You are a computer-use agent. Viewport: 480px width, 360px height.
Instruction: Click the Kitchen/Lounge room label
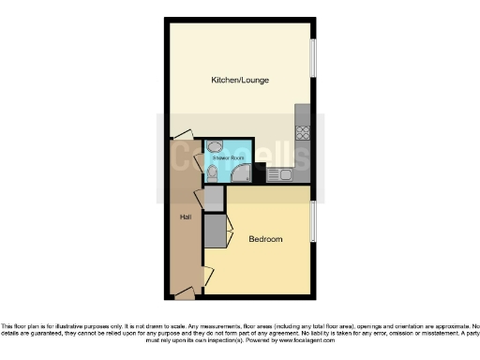[x=240, y=81]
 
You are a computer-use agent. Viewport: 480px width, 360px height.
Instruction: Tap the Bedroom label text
[x=265, y=240]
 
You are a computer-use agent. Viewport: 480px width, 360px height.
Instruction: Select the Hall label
[x=186, y=217]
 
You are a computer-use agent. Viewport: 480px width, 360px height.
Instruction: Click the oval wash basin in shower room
[x=215, y=147]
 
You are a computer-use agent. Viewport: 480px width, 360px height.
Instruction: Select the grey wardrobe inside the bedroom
[x=216, y=232]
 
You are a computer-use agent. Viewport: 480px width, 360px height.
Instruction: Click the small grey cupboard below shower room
[x=214, y=198]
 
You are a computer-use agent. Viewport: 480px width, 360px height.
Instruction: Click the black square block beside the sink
[x=260, y=172]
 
